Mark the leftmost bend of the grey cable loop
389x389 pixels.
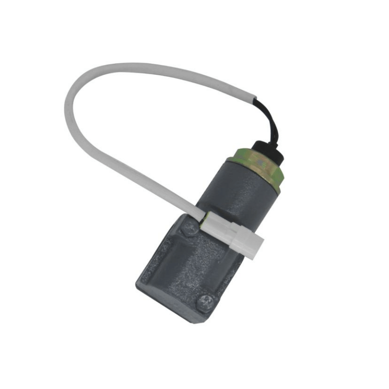click(68, 105)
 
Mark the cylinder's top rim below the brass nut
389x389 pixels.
click(246, 168)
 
